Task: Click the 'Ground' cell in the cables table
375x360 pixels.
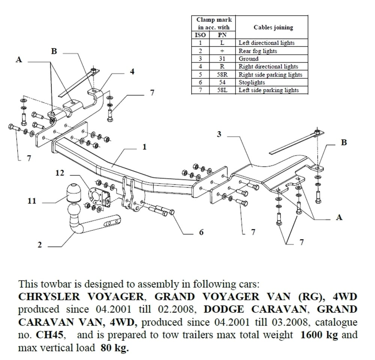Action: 249,59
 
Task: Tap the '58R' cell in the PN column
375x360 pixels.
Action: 222,75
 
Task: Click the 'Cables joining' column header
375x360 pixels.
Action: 273,27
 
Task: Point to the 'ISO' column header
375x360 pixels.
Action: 201,35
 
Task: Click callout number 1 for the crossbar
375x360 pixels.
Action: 144,147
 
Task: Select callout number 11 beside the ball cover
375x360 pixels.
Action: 32,201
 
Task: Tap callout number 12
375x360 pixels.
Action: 60,173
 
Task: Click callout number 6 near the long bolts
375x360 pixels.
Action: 201,232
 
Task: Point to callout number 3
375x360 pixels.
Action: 219,134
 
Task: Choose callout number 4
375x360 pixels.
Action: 132,72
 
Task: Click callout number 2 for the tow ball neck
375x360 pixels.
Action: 40,245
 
